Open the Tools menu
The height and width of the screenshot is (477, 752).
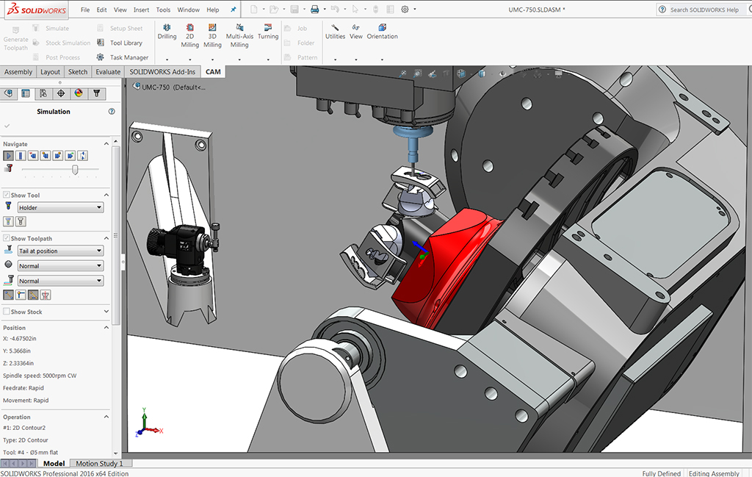[163, 10]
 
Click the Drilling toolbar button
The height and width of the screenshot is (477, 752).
[167, 31]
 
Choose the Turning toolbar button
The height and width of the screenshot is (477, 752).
[268, 31]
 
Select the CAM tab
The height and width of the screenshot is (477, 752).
[213, 72]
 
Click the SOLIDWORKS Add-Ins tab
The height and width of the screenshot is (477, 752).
[163, 72]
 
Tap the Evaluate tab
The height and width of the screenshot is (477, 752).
[108, 72]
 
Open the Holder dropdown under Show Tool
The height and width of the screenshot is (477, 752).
[60, 208]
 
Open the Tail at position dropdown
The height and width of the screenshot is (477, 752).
[60, 251]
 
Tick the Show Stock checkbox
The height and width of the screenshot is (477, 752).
[7, 312]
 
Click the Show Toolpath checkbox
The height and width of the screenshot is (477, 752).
[7, 238]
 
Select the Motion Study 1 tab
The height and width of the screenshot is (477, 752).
[99, 464]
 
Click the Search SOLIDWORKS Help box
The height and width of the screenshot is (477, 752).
[703, 10]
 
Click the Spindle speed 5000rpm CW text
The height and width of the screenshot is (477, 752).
[40, 376]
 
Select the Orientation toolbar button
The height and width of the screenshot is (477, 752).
[382, 31]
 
